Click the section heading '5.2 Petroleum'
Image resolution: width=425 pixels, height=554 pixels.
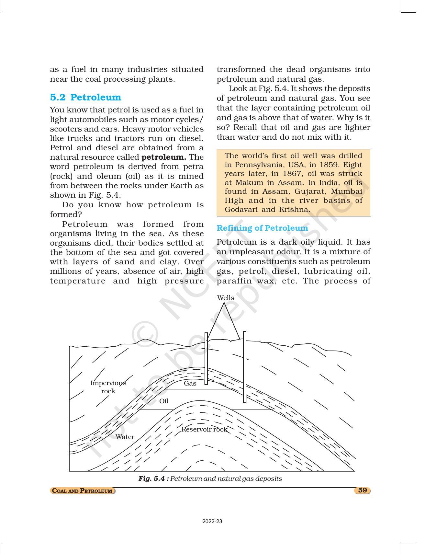pos(85,98)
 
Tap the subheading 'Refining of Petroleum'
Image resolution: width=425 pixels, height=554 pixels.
pos(262,228)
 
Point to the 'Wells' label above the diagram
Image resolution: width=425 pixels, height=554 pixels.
pos(225,298)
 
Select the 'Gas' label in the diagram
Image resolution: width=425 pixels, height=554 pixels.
pos(190,384)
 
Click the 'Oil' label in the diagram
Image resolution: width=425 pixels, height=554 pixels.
pos(164,401)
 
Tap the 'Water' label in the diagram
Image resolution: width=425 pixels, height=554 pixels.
pos(125,437)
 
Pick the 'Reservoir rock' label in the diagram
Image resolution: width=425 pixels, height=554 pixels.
pos(204,430)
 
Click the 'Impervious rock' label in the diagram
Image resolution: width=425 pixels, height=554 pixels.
pos(108,387)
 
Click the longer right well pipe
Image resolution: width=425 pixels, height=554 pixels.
pos(245,367)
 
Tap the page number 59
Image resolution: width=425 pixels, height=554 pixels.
pos(363,490)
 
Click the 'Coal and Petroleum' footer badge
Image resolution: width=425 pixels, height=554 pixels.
pos(83,491)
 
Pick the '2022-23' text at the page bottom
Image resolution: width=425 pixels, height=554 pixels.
pos(212,522)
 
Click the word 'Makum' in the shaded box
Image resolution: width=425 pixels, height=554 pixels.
pos(249,183)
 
